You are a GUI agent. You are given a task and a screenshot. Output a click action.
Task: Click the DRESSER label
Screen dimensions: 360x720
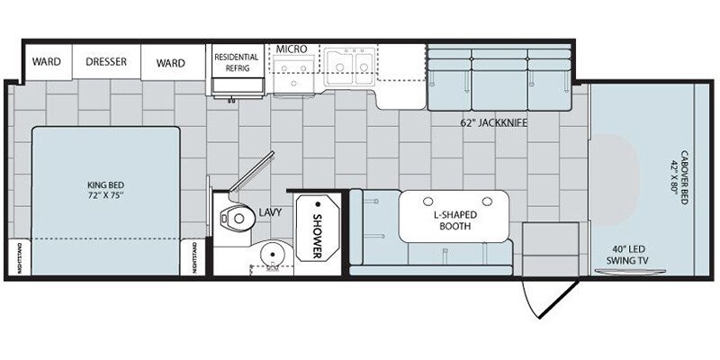(x=106, y=62)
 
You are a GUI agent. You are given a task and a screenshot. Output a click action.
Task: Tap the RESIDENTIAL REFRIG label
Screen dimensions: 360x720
(x=237, y=61)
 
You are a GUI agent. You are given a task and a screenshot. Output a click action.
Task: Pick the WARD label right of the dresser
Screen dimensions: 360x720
(x=170, y=62)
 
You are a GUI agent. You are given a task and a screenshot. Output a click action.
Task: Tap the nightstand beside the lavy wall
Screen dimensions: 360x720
(x=193, y=256)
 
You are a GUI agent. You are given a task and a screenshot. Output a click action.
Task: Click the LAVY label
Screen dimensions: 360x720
(x=270, y=211)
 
